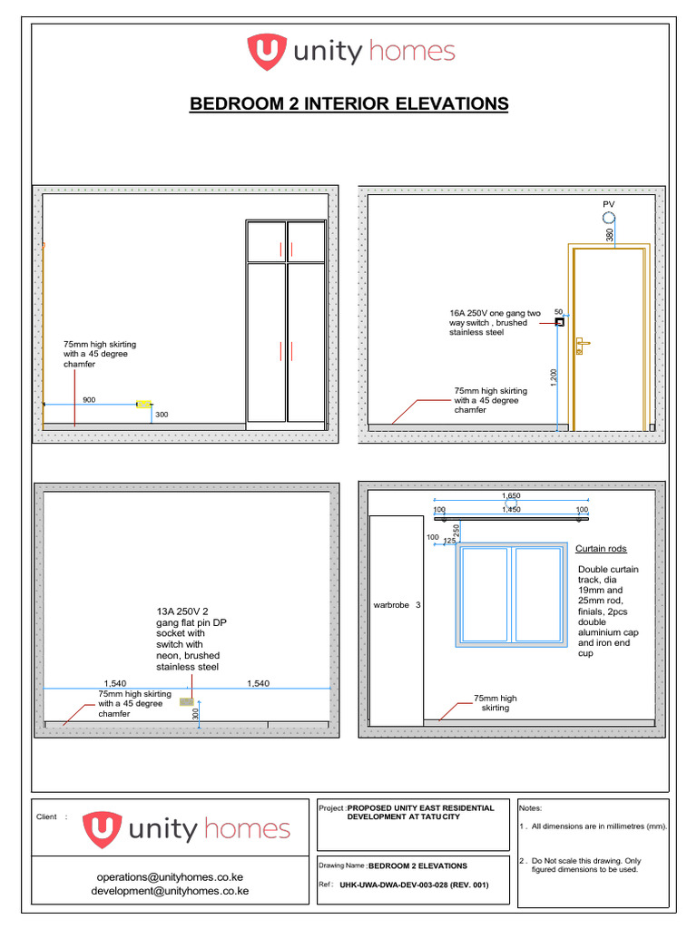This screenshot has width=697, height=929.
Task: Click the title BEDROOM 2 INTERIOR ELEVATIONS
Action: click(348, 104)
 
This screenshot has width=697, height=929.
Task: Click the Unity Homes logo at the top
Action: click(351, 52)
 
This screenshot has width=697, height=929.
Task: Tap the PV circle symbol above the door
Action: click(608, 218)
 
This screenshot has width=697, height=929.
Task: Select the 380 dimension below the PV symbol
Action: click(609, 234)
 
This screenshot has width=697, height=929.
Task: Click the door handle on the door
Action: click(581, 343)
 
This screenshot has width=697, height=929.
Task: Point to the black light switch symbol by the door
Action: click(560, 321)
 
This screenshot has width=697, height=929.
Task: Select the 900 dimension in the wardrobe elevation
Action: click(89, 399)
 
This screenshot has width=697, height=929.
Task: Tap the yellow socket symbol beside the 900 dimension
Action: click(143, 404)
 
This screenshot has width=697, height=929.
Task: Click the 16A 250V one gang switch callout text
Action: click(495, 323)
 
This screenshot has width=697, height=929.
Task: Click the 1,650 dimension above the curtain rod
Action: click(511, 496)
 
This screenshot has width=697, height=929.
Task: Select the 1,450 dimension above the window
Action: click(511, 510)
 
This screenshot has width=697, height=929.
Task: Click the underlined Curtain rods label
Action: click(601, 549)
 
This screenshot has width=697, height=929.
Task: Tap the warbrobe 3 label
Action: click(397, 604)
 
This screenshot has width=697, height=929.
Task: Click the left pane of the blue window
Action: click(485, 594)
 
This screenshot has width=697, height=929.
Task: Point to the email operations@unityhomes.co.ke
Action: click(170, 877)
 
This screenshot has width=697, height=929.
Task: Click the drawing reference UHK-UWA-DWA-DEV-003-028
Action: click(413, 885)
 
